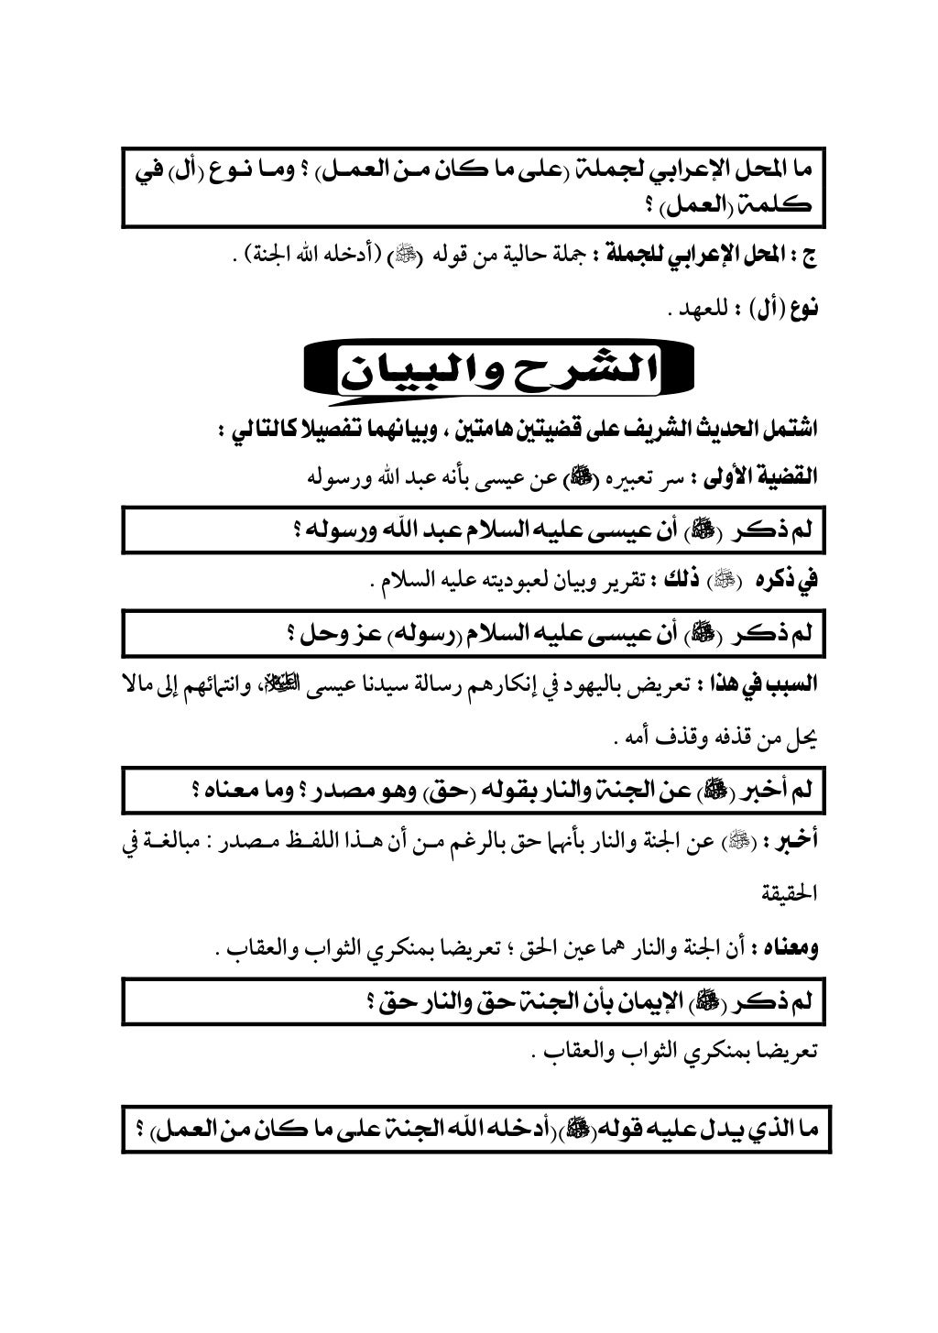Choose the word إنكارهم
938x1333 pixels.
[526, 684]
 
